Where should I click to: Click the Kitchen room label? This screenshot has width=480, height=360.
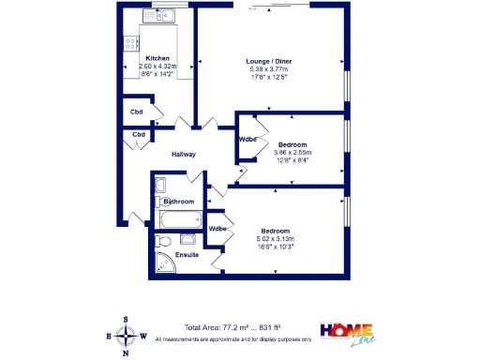coord(157,57)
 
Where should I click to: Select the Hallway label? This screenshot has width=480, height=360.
coord(183,155)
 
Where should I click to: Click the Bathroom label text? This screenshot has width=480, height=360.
coord(178,202)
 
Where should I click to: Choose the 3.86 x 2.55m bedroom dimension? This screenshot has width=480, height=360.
coord(292,152)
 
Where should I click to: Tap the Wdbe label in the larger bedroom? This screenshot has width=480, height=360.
coord(217,229)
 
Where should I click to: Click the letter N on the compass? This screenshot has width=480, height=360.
coord(126,355)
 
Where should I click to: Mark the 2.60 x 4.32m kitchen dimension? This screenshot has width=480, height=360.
coord(157,67)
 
